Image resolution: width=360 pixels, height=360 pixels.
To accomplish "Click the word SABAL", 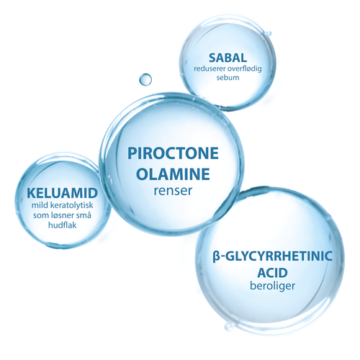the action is [x=228, y=58].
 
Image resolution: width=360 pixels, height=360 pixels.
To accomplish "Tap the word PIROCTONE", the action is [x=173, y=153].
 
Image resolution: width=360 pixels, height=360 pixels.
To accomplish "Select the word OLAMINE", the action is [x=173, y=174].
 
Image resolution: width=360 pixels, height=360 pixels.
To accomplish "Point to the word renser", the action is [x=173, y=191].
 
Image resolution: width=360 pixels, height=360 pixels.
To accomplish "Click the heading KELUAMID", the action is [x=63, y=193].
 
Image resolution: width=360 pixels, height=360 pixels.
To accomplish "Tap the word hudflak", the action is [x=63, y=225].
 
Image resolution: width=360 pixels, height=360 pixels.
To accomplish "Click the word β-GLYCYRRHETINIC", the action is [x=272, y=256].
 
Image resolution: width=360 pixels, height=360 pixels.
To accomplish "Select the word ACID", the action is [x=272, y=273].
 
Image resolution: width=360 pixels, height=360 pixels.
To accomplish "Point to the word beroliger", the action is [x=272, y=286].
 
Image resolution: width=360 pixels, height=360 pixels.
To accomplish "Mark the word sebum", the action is [x=228, y=78].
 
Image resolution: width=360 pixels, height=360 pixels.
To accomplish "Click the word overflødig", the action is [x=245, y=69].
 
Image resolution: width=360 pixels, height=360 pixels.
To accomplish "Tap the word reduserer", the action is [x=210, y=69].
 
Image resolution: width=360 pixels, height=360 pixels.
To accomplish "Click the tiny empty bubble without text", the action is [x=145, y=79].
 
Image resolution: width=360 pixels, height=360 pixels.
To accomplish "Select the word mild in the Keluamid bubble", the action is [x=39, y=205].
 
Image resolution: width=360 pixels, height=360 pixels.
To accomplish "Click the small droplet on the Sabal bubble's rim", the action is [x=269, y=33].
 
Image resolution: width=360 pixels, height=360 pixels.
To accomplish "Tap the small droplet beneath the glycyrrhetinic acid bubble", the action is [x=228, y=327].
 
